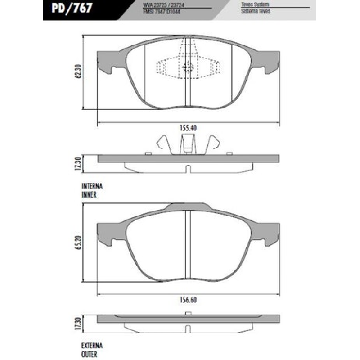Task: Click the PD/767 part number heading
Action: (72, 8)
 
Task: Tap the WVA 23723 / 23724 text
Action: (164, 5)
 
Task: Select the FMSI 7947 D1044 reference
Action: (162, 11)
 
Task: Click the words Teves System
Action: (255, 4)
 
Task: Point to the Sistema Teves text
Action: (256, 11)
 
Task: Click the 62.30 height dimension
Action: (78, 72)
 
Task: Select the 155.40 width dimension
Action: (188, 128)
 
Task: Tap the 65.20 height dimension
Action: (78, 243)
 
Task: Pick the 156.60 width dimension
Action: (188, 300)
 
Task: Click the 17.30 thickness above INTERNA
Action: (78, 164)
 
